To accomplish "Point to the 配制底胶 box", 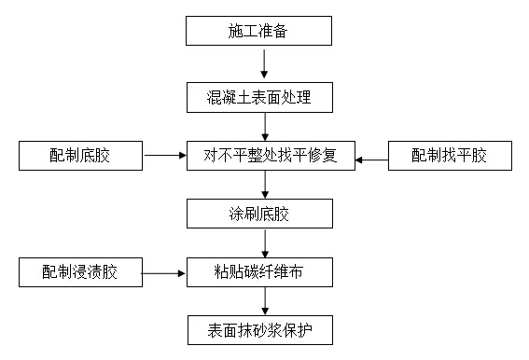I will click(81, 155).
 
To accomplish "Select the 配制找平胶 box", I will click(450, 156).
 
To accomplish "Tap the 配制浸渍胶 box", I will click(81, 273).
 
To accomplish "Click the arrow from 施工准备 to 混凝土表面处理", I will click(266, 63).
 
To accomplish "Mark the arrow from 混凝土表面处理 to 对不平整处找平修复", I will click(266, 125).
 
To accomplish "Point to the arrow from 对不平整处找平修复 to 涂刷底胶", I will click(266, 185).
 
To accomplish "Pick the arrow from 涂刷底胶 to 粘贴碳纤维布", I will click(266, 243).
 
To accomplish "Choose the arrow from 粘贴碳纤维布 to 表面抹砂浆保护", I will click(266, 301).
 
